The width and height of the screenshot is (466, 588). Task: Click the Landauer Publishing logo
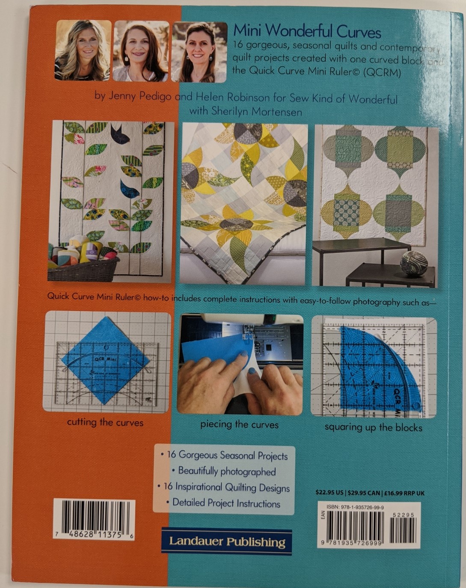pos(226,542)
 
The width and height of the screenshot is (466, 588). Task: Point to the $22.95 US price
pos(329,493)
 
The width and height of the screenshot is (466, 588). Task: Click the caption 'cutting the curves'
pos(105,422)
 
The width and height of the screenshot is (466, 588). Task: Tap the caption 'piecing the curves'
pos(239,425)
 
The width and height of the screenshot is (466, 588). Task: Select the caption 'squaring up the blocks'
pos(373,427)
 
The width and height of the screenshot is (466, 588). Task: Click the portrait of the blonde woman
pos(83,50)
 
